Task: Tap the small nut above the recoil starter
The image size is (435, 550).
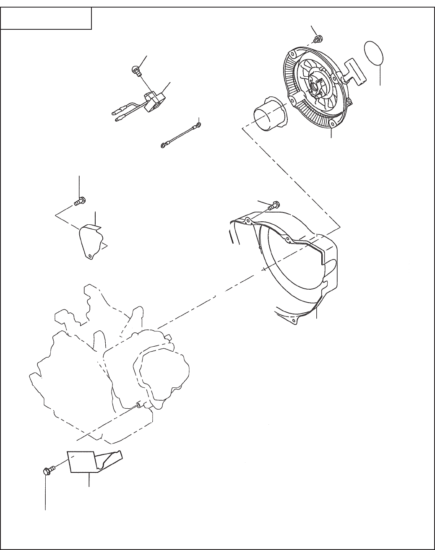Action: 318,39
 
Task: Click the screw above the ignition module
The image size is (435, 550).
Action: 135,70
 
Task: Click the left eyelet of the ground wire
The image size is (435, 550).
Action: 163,145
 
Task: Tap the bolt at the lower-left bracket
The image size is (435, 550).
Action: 47,470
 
